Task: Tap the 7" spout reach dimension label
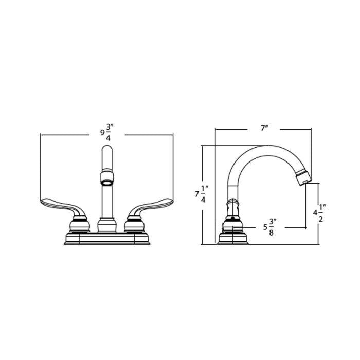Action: (264, 129)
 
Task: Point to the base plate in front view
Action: (106, 239)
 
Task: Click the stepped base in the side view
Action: (233, 238)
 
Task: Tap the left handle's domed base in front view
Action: (78, 225)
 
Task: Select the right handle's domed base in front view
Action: (134, 225)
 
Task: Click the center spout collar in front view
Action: (106, 225)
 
